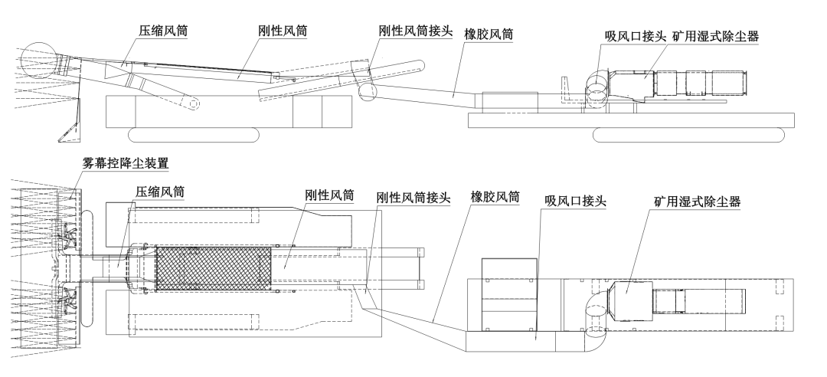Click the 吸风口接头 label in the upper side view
coord(635,36)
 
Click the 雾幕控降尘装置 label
coord(126,163)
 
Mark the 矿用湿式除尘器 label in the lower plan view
coord(698,202)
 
